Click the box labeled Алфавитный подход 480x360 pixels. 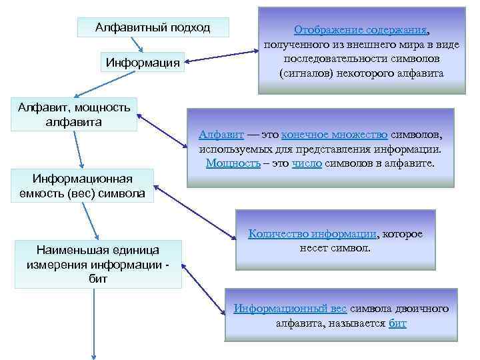153,27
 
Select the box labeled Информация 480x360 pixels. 143,63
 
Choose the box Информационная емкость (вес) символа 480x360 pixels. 83,186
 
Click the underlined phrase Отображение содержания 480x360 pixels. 361,30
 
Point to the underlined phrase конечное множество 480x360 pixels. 335,134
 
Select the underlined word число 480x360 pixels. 307,163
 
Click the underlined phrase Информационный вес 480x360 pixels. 290,309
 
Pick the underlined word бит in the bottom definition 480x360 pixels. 397,323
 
